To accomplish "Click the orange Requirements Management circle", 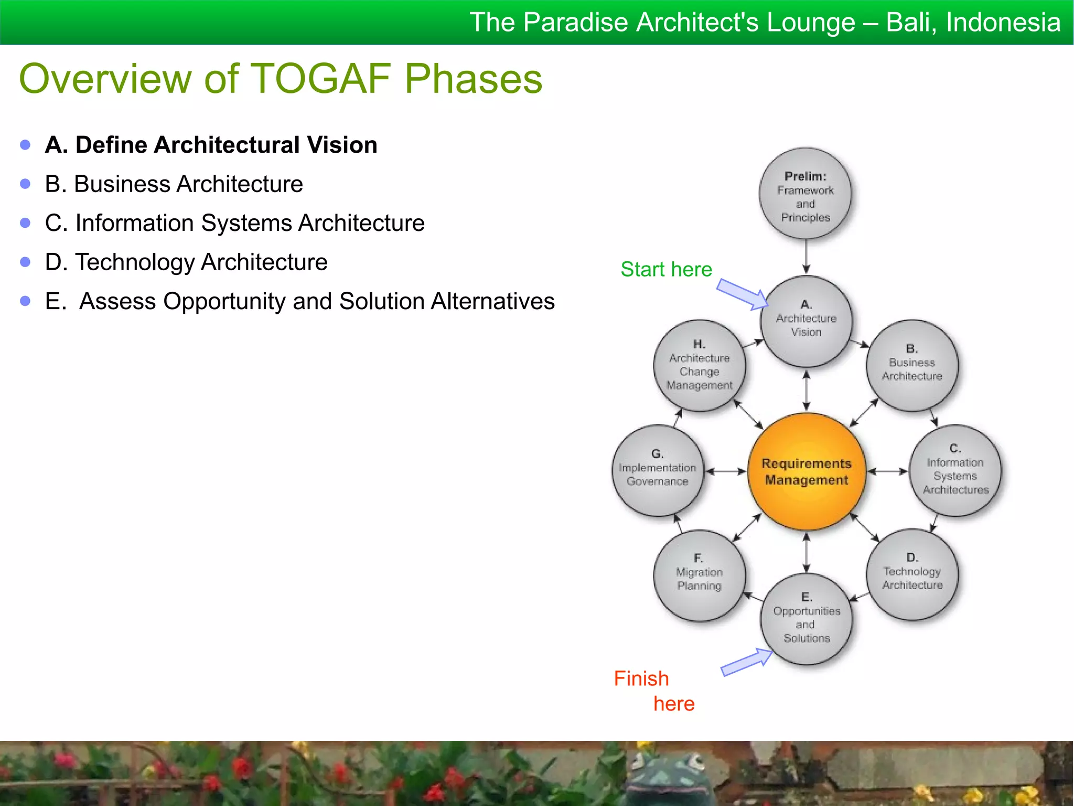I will pyautogui.click(x=806, y=471).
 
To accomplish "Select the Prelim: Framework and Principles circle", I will pyautogui.click(x=805, y=194).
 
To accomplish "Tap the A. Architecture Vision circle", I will pyautogui.click(x=806, y=321).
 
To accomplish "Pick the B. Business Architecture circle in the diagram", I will pyautogui.click(x=912, y=365).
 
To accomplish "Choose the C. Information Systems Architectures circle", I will pyautogui.click(x=955, y=471).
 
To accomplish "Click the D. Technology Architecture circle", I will pyautogui.click(x=912, y=575).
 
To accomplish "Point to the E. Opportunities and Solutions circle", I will pyautogui.click(x=806, y=619).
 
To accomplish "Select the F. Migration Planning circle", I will pyautogui.click(x=699, y=575).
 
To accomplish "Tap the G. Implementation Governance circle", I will pyautogui.click(x=658, y=470).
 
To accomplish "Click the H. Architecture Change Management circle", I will pyautogui.click(x=699, y=365).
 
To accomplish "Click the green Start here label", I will pyautogui.click(x=666, y=269).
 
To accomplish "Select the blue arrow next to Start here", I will pyautogui.click(x=742, y=294).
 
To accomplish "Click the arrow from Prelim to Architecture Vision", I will pyautogui.click(x=806, y=257).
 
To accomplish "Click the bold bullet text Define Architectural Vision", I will pyautogui.click(x=226, y=145).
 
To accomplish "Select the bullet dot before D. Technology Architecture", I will pyautogui.click(x=25, y=262).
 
